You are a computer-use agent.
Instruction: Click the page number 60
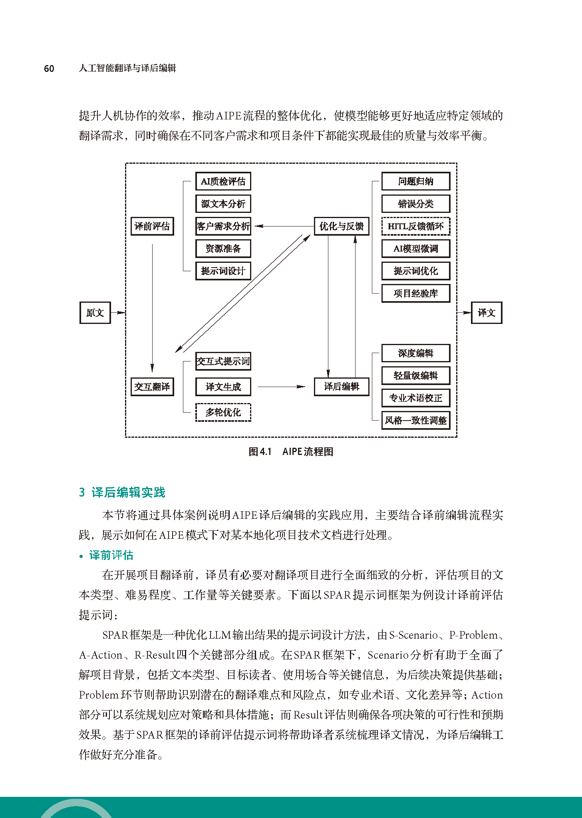coord(49,69)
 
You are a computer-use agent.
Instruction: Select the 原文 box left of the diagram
coord(95,313)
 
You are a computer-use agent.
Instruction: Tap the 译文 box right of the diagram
coord(486,313)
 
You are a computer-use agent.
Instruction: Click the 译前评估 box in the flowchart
coord(152,226)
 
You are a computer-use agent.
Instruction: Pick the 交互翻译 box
coord(152,387)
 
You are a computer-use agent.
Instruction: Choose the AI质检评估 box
coord(223,182)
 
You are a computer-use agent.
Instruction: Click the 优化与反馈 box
coord(341,226)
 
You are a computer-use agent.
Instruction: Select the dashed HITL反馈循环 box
coord(415,226)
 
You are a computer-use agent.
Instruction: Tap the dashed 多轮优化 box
coord(223,412)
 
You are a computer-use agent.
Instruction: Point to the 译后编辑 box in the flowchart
coord(341,387)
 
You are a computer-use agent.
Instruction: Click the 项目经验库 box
coord(415,294)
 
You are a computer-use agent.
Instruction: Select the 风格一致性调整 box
coord(415,420)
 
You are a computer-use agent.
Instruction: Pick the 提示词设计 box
coord(223,271)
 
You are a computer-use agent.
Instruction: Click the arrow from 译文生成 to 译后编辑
coord(281,387)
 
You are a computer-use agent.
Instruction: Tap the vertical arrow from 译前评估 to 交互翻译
coord(152,308)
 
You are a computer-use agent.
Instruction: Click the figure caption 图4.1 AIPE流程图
coord(291,452)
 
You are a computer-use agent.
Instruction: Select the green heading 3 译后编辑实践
coord(122,492)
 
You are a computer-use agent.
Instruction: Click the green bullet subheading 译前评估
coord(111,555)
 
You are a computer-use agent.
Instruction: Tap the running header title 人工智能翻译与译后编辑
coord(127,68)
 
